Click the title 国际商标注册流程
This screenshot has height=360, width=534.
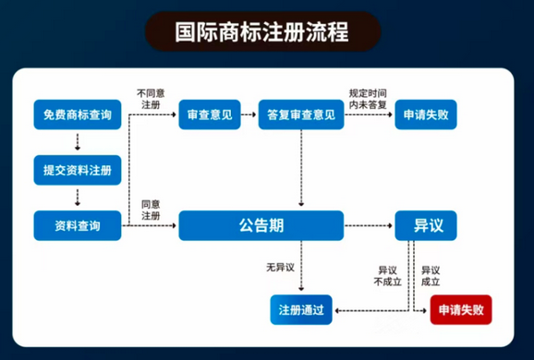point(262,32)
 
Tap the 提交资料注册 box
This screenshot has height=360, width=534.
point(78,170)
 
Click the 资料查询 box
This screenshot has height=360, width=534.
point(78,224)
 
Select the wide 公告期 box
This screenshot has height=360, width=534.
point(261,224)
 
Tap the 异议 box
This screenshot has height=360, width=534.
point(425,224)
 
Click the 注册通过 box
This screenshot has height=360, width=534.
point(300,309)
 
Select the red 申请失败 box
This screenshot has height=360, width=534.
point(461,309)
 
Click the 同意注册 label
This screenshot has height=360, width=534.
point(151,210)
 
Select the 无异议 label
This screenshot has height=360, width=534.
point(279,268)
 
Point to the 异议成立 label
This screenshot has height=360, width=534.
point(431,275)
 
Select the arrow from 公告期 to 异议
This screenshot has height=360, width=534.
point(369,224)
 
